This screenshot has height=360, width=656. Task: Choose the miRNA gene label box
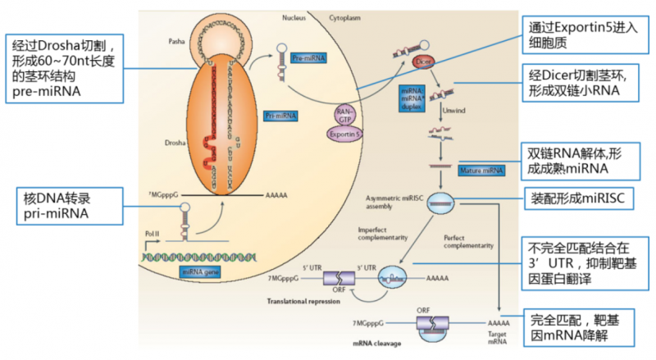[200, 271]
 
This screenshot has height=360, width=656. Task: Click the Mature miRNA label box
[482, 171]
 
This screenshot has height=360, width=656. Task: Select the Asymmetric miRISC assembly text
[392, 203]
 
